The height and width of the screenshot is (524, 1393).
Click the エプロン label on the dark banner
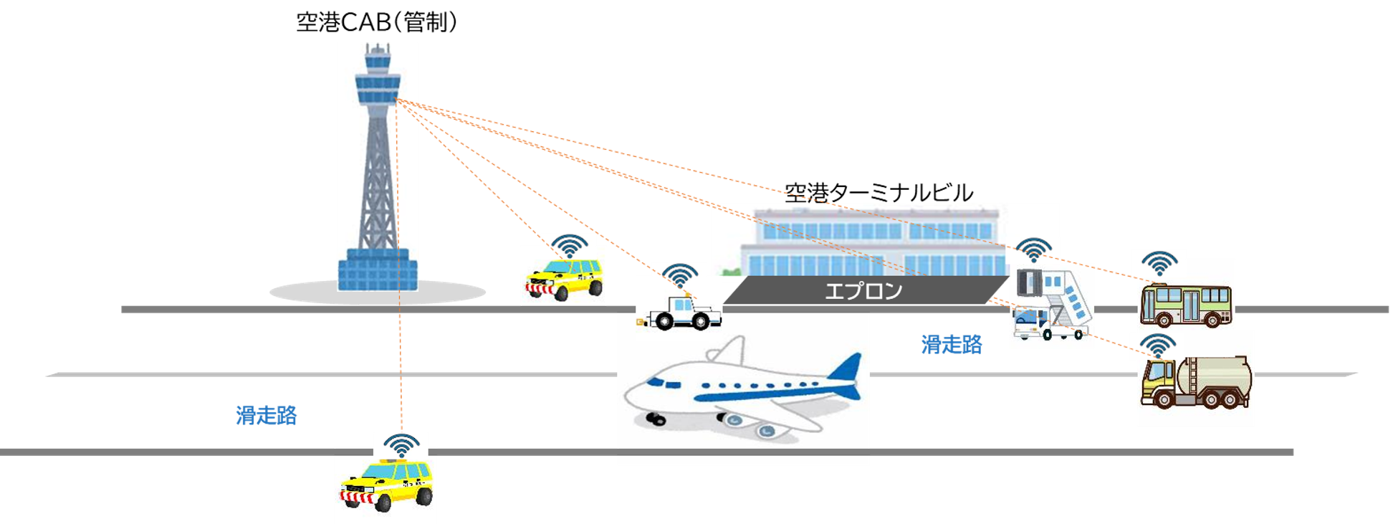(x=863, y=291)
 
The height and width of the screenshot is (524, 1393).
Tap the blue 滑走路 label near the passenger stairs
(x=951, y=345)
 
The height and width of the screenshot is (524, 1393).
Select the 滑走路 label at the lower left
(x=266, y=416)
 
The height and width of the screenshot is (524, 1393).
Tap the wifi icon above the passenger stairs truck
(x=1033, y=250)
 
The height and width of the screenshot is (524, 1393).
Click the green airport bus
(x=1185, y=305)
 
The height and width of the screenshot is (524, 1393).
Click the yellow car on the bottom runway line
(x=387, y=486)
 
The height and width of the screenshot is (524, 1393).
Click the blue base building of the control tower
(x=378, y=270)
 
